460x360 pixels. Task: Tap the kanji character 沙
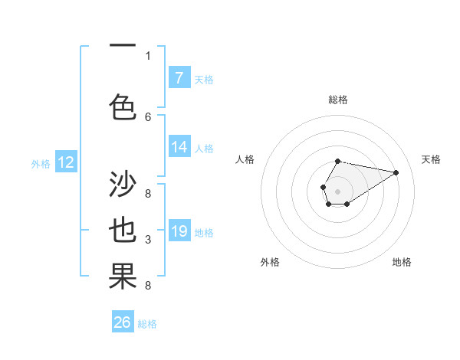(123, 185)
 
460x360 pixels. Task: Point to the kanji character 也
(123, 231)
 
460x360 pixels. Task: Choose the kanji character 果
(123, 277)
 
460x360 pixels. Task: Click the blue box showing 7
(179, 78)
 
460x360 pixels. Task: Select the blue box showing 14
(179, 147)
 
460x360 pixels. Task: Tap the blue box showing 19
(179, 231)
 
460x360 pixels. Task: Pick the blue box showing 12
(65, 162)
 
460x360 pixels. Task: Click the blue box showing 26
(123, 322)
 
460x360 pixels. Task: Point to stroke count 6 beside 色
(148, 116)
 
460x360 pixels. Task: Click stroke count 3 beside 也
(148, 240)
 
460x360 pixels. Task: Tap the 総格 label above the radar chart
(337, 100)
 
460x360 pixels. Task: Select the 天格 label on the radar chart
(431, 159)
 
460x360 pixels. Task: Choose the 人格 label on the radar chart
(245, 159)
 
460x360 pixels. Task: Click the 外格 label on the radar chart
(270, 262)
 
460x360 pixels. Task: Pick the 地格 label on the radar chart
(402, 262)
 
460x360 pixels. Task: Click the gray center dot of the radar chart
(337, 191)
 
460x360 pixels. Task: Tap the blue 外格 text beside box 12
(41, 163)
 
